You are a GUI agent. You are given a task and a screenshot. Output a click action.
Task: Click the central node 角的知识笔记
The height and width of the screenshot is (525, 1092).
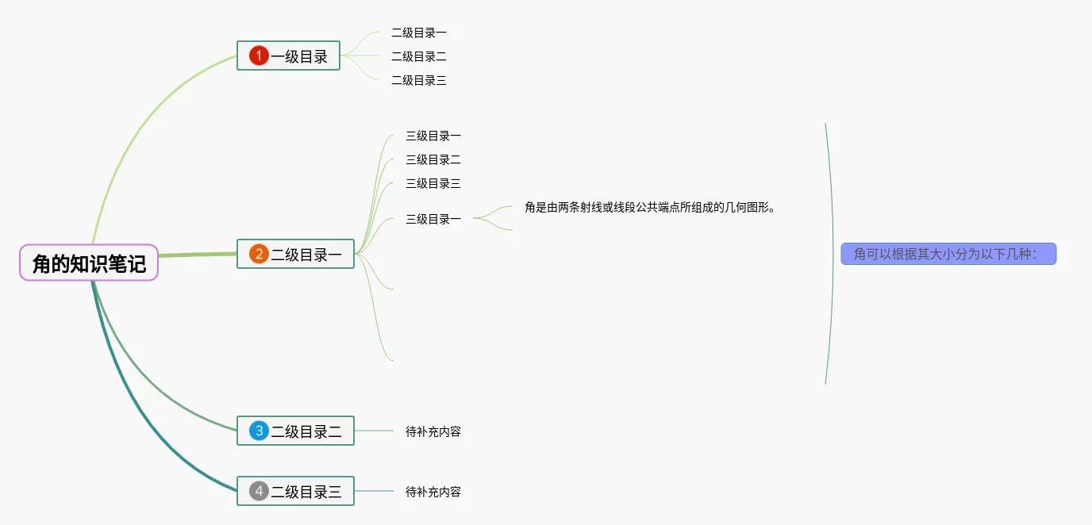(89, 263)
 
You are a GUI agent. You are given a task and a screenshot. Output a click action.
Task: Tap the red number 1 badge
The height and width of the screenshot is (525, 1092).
(259, 56)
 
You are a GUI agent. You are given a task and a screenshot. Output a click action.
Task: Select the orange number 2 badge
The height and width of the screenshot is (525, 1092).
(259, 254)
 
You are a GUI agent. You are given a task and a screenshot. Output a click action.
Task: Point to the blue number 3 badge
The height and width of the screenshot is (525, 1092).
(259, 431)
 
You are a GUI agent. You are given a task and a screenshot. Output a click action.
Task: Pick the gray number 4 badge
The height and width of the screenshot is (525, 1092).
(259, 491)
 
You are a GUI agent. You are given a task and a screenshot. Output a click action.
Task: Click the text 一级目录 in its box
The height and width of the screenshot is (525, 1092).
(299, 56)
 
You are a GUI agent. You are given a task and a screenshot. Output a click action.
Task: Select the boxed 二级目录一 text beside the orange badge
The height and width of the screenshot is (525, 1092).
(306, 255)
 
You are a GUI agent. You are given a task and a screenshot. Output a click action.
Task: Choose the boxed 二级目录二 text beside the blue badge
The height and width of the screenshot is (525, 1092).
(306, 431)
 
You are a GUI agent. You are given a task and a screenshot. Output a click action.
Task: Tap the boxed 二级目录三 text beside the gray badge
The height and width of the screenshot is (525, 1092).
(306, 492)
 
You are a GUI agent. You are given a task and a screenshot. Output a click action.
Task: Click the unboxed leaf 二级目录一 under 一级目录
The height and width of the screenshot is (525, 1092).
(419, 33)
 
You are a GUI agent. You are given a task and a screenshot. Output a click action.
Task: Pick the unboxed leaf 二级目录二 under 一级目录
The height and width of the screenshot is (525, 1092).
(419, 56)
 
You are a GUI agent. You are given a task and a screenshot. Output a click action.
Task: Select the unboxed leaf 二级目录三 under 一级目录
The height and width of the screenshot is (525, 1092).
(419, 80)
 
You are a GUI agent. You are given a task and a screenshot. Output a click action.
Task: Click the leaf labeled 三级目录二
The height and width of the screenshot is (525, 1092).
(433, 159)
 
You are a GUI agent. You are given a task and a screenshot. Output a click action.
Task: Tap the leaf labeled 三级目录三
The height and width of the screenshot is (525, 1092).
(433, 183)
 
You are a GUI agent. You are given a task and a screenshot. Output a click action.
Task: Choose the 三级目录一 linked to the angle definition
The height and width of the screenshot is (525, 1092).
(433, 219)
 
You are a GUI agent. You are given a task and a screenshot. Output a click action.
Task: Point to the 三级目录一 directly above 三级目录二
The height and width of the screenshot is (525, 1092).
(433, 136)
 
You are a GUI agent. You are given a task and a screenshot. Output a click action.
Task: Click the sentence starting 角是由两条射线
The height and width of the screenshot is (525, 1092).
(649, 207)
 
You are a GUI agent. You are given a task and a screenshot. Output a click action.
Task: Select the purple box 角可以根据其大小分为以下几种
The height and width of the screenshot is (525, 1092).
(948, 254)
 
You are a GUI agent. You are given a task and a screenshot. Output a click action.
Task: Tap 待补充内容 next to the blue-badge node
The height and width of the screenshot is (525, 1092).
(433, 431)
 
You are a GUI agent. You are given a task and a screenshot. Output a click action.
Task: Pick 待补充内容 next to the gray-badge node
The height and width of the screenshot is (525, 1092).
(433, 492)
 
